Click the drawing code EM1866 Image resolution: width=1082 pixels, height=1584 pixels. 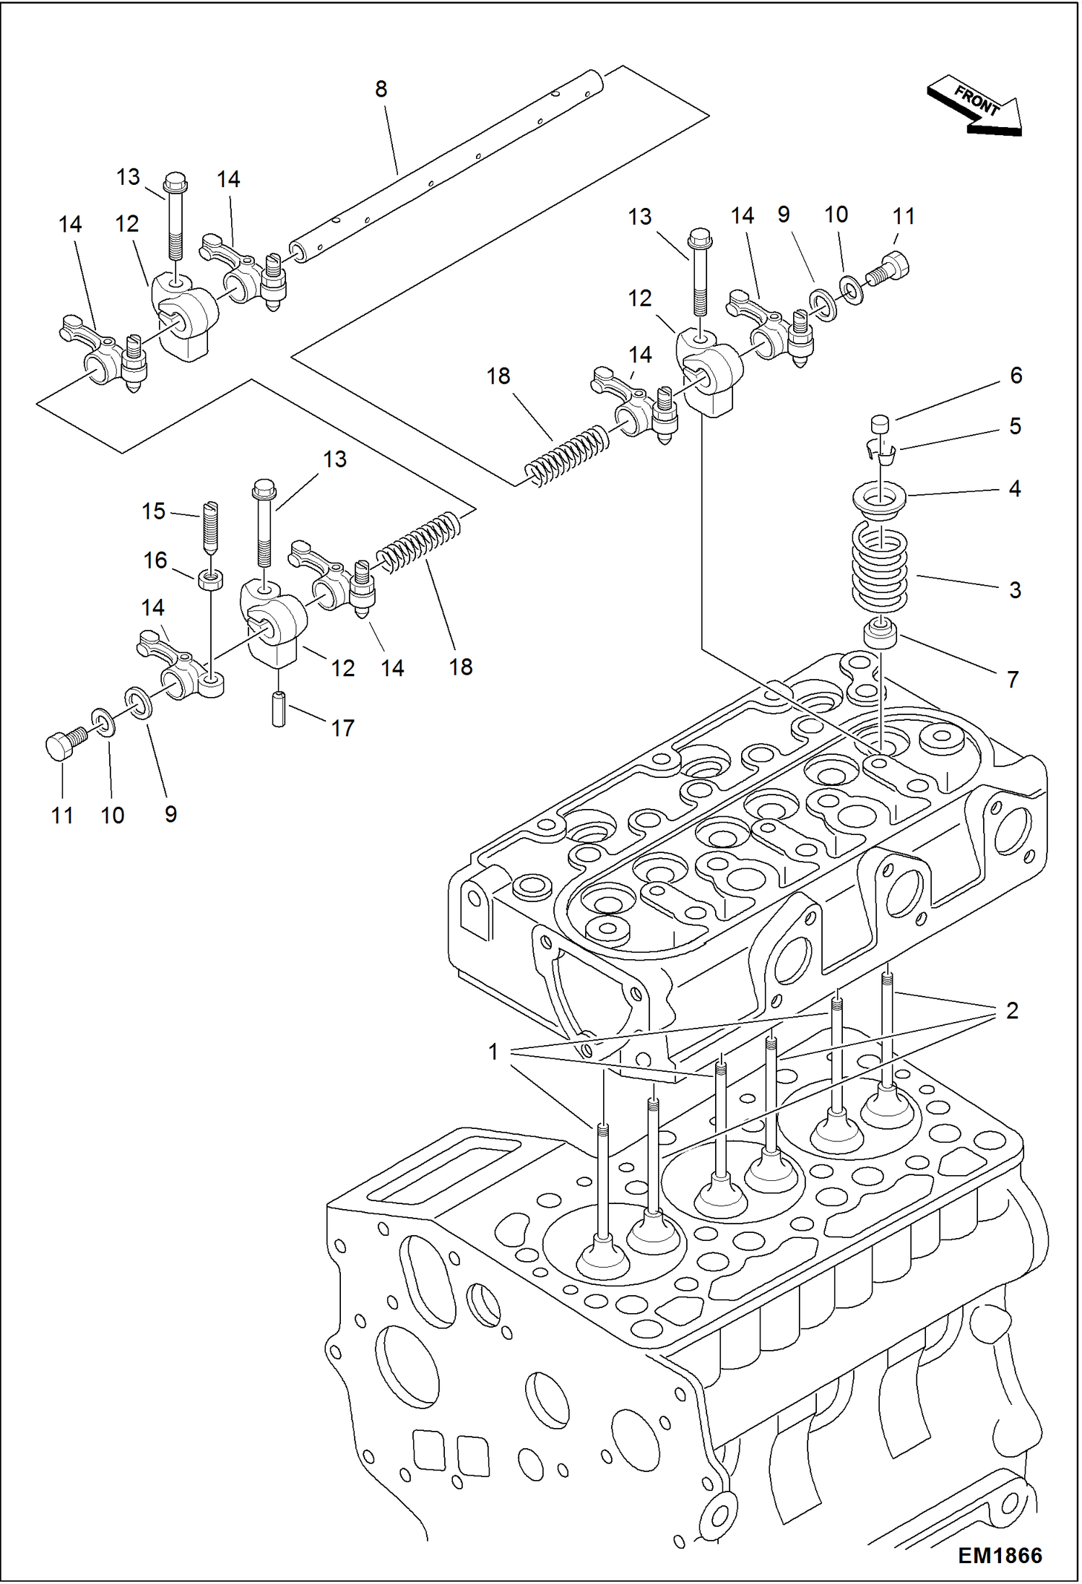[x=1000, y=1555]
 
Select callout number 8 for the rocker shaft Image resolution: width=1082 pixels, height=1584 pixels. [x=381, y=89]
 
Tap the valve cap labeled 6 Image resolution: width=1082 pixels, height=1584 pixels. [x=880, y=424]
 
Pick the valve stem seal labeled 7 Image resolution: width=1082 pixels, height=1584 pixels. [x=880, y=633]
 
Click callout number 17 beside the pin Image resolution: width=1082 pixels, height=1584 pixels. [x=342, y=728]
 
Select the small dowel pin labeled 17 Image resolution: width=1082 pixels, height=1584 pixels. [x=279, y=709]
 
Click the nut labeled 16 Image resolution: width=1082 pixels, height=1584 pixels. [x=210, y=579]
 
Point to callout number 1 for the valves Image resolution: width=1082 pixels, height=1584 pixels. [x=493, y=1052]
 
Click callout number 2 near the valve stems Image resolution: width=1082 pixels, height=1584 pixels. [x=1011, y=1010]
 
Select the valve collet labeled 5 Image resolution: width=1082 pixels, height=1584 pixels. [x=881, y=454]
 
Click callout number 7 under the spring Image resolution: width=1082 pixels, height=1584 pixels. [x=1013, y=679]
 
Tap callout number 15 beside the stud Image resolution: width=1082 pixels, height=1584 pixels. [x=153, y=511]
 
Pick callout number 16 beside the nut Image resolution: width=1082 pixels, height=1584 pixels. [x=155, y=560]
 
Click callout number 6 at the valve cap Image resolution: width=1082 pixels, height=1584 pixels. [x=1016, y=376]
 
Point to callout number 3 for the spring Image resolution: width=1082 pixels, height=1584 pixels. [x=1015, y=589]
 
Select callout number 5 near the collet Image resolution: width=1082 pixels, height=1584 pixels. [x=1015, y=426]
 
